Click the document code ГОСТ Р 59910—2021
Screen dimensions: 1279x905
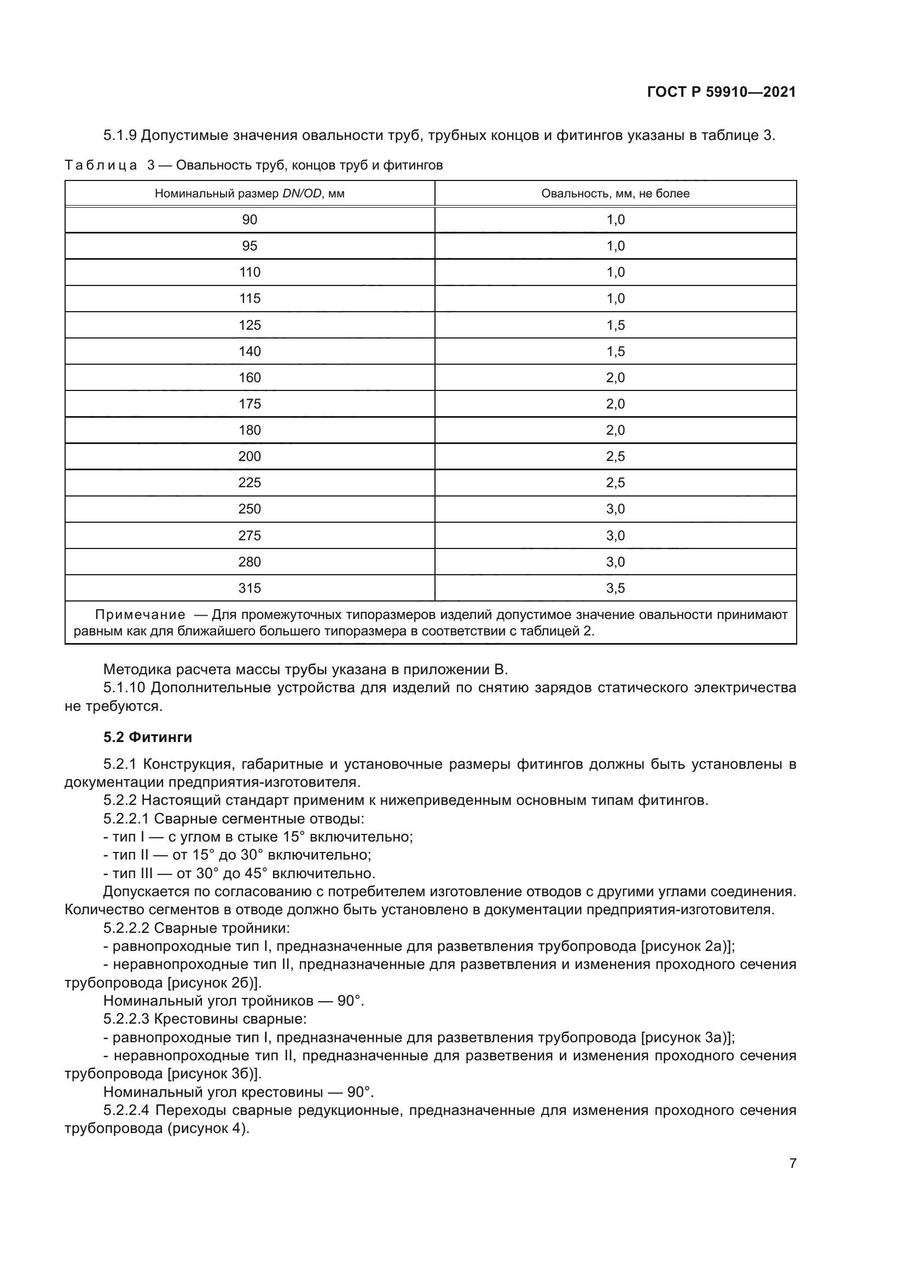[x=721, y=92]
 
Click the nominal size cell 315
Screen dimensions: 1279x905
[x=249, y=588]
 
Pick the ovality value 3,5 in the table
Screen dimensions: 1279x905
[x=615, y=588]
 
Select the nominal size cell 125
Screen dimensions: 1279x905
[x=249, y=325]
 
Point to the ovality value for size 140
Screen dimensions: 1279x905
[x=615, y=352]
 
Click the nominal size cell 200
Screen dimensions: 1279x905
[x=249, y=457]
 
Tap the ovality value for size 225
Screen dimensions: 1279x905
[x=615, y=483]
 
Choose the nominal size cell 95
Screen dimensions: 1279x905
[x=249, y=246]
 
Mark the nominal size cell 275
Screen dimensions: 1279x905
[x=249, y=536]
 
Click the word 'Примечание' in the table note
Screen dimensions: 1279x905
[x=140, y=615]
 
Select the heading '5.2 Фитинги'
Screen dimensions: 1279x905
[x=148, y=738]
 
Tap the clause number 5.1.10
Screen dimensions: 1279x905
[x=124, y=688]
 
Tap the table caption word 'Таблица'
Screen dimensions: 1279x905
[x=101, y=166]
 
